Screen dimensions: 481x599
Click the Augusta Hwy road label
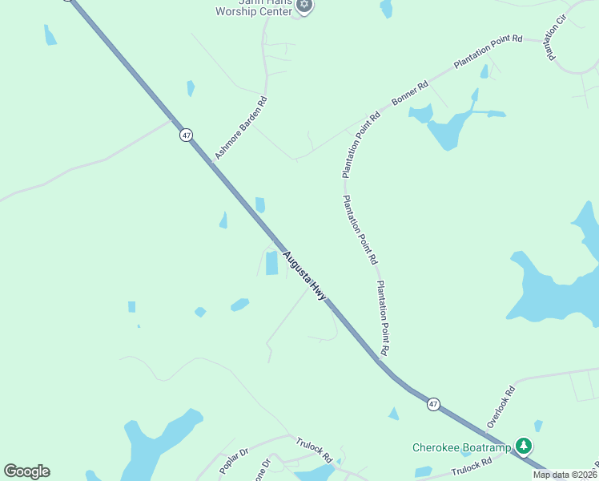[304, 275]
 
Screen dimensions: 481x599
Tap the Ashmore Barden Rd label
[240, 128]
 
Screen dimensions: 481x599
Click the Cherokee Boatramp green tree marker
[524, 445]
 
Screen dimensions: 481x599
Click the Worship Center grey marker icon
[304, 6]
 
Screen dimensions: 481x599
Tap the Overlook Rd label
[502, 404]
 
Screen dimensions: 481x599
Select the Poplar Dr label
[235, 461]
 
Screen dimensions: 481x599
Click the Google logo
[26, 471]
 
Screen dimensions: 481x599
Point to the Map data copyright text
[565, 475]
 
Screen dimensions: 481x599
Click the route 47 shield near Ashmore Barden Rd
[186, 135]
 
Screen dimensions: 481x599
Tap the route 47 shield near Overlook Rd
[433, 405]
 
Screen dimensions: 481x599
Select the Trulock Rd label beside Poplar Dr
[314, 449]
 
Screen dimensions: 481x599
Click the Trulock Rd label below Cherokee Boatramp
[471, 467]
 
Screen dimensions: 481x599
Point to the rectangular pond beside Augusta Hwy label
[271, 263]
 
